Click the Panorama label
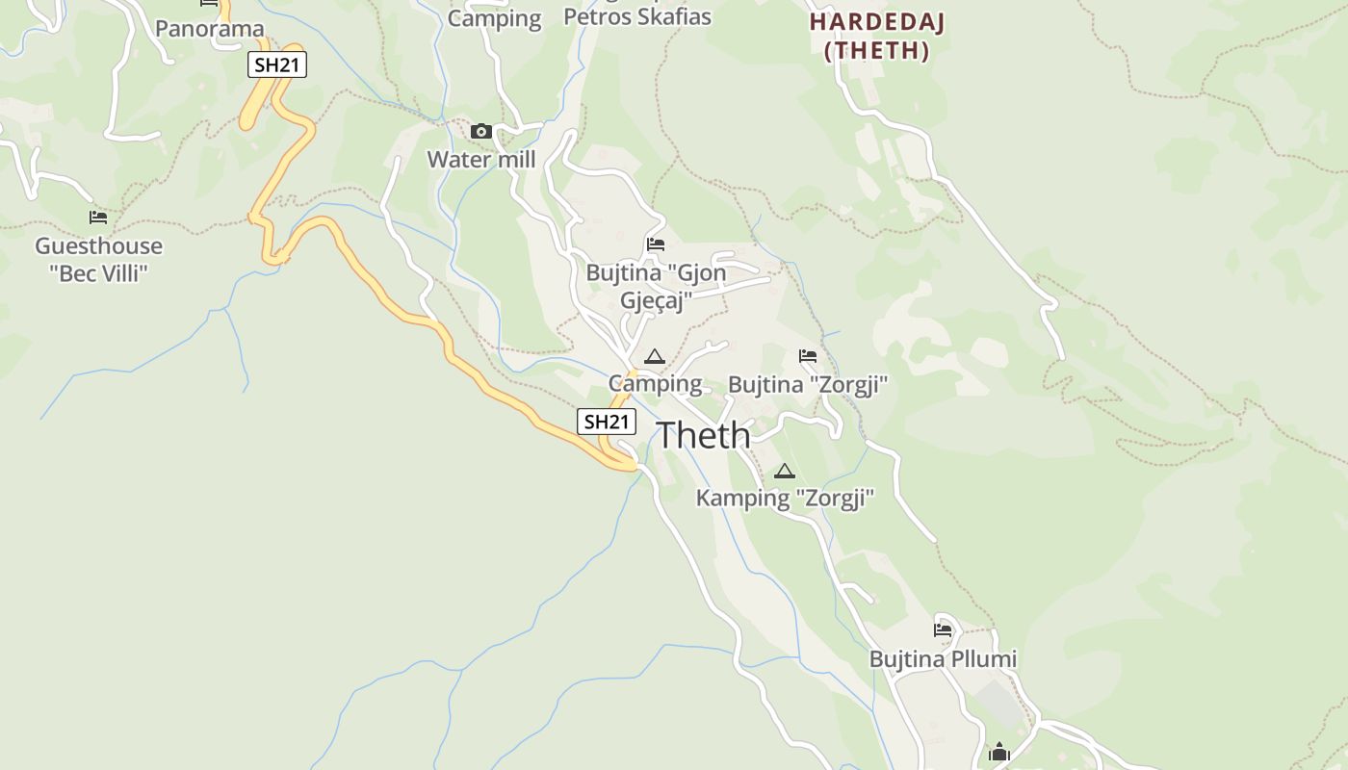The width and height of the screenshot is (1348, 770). click(209, 29)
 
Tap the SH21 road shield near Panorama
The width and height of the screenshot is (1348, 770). click(277, 65)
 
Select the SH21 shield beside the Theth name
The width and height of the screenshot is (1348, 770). click(607, 422)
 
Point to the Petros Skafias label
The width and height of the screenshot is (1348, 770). click(636, 16)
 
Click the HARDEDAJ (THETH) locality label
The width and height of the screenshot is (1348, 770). click(876, 37)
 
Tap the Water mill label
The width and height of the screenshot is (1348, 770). click(481, 160)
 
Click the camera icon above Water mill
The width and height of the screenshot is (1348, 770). click(481, 132)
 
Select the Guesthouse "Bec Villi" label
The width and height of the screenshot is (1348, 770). click(98, 260)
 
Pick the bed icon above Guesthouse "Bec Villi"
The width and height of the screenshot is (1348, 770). click(98, 218)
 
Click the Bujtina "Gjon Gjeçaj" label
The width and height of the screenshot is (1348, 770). click(656, 287)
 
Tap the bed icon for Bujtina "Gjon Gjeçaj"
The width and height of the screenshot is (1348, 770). click(656, 244)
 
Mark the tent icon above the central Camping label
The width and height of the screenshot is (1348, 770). click(655, 357)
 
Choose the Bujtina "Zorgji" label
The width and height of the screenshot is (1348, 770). click(807, 385)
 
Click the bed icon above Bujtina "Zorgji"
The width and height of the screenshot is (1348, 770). click(808, 357)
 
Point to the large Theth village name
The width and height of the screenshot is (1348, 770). click(704, 435)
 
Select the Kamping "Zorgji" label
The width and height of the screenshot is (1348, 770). click(785, 499)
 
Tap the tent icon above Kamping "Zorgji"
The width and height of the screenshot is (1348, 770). click(785, 472)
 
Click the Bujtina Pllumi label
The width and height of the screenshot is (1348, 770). click(943, 659)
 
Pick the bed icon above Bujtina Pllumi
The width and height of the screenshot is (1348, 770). click(943, 631)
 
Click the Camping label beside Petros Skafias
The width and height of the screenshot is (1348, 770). click(495, 18)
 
